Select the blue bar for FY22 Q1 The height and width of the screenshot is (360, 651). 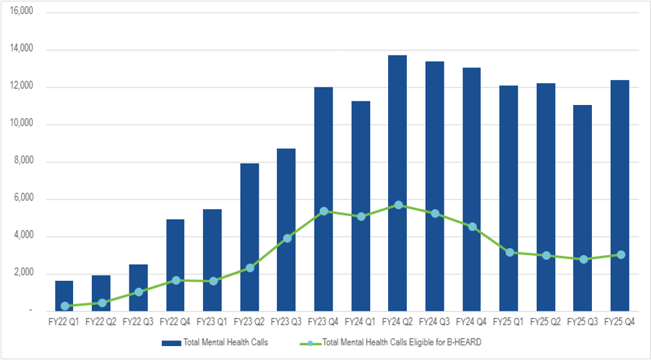click(x=64, y=295)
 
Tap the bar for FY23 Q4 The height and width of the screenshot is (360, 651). click(x=323, y=199)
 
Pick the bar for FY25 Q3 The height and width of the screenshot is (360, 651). click(x=582, y=208)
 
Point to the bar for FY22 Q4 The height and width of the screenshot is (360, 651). click(x=175, y=265)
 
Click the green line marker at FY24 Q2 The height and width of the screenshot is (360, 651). click(x=398, y=205)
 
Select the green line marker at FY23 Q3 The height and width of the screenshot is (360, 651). click(x=287, y=238)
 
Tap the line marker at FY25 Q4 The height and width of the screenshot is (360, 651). click(x=620, y=255)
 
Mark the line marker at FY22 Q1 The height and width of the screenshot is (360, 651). click(x=65, y=306)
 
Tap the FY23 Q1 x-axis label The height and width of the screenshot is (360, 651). click(x=212, y=322)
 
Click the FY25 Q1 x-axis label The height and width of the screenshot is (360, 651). click(x=508, y=322)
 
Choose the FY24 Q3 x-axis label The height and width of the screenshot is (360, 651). click(x=435, y=322)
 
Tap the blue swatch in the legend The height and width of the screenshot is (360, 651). click(x=170, y=343)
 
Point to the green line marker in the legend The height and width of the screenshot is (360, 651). click(x=310, y=343)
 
